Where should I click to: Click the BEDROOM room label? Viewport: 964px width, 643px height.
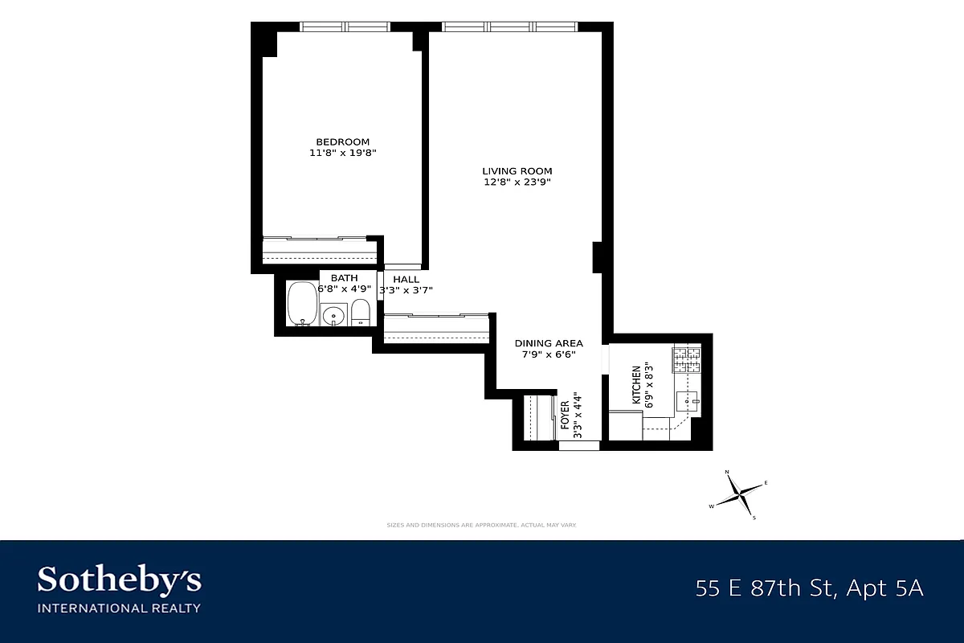pos(343,142)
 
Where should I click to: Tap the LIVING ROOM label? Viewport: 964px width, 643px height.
pos(517,171)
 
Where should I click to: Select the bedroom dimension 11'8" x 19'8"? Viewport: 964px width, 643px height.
pos(343,153)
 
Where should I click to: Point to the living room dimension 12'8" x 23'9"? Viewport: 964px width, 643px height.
pos(517,182)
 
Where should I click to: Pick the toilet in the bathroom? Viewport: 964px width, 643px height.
pos(361,311)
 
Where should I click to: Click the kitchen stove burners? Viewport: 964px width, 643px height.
pos(686,359)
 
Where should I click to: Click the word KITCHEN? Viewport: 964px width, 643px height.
pos(636,385)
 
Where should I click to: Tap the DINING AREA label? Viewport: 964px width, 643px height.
pos(549,343)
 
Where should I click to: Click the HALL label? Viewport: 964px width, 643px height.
pos(406,280)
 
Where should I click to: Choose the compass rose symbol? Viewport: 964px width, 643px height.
pos(739,494)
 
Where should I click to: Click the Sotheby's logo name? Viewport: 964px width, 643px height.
pos(120,580)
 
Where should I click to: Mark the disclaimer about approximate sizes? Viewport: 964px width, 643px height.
pos(482,525)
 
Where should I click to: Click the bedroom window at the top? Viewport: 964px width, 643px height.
pos(345,27)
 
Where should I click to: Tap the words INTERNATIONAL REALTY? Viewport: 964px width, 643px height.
pos(120,608)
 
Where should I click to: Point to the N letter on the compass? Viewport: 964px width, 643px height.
pos(727,473)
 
